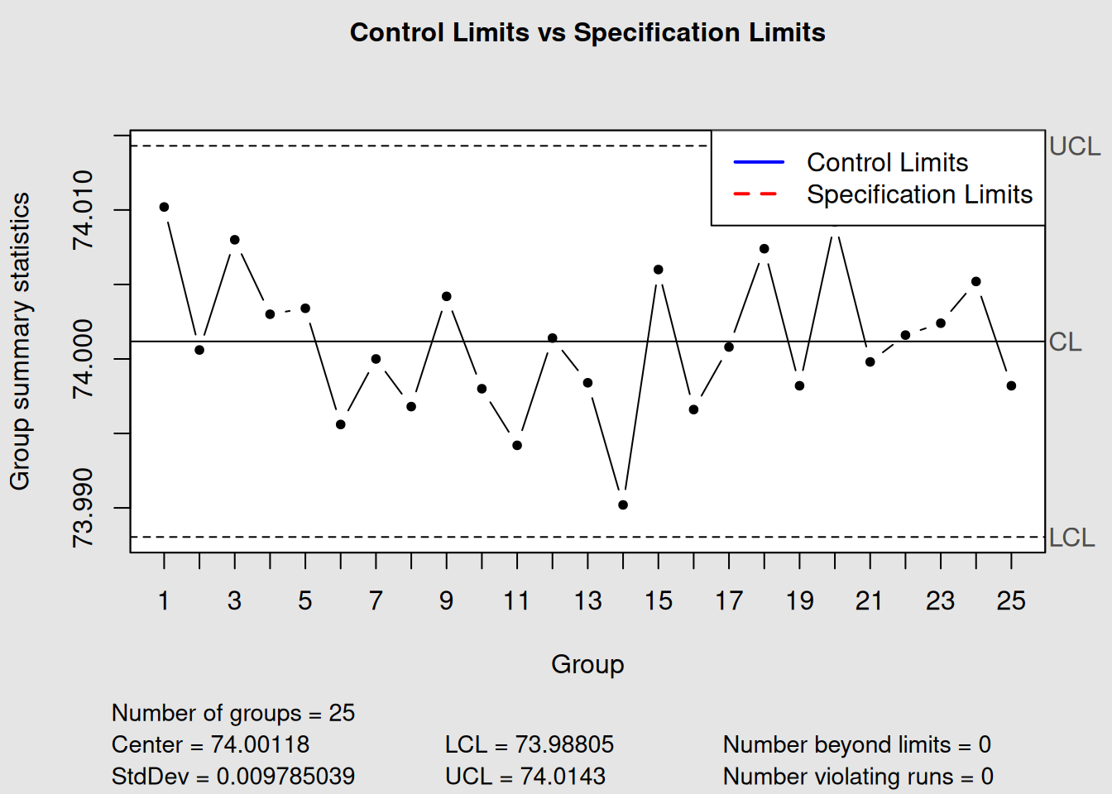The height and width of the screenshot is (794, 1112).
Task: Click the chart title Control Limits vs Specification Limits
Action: [587, 32]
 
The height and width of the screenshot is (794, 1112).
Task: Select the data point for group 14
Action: [623, 505]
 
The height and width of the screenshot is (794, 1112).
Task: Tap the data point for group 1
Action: [164, 207]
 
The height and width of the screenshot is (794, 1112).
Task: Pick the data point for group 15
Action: [659, 270]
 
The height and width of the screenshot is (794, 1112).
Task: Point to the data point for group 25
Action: [1011, 385]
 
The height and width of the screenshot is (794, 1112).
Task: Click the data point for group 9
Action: [447, 296]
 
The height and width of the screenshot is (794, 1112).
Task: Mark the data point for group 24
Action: [976, 282]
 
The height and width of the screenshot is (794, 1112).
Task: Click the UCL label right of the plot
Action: [1074, 146]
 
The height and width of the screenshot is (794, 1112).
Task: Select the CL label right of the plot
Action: [1065, 342]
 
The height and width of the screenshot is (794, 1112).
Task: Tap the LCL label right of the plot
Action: [1071, 538]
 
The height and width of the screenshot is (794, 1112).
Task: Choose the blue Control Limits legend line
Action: [758, 162]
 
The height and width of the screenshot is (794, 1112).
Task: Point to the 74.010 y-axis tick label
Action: [83, 209]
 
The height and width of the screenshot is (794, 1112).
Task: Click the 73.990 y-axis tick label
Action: [83, 508]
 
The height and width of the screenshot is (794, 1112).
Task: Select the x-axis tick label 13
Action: [587, 600]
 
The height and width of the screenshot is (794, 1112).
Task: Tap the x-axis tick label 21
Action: [870, 600]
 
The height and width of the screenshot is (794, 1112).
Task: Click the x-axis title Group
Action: [587, 664]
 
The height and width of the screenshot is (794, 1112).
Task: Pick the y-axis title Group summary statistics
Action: [20, 342]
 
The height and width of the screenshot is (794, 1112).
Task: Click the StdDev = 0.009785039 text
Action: [233, 777]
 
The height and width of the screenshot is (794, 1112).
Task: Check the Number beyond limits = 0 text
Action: [857, 744]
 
